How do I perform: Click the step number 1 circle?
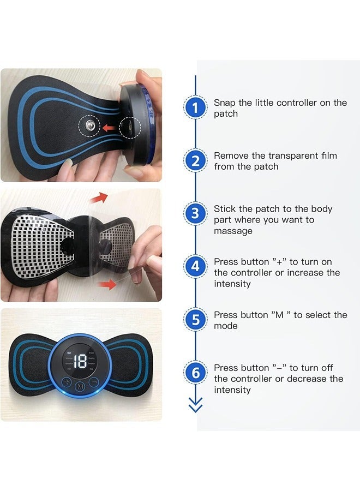(195, 108)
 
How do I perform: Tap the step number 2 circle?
(195, 161)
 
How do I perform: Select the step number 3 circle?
(195, 214)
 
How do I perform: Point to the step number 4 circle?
(195, 267)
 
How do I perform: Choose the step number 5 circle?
(195, 320)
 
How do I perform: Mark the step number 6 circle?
(195, 373)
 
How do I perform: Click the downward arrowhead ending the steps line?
(195, 406)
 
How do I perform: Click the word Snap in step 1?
(224, 103)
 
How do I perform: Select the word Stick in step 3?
(224, 208)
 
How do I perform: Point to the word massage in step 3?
(233, 231)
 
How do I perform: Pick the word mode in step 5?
(225, 326)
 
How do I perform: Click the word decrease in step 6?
(301, 379)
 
